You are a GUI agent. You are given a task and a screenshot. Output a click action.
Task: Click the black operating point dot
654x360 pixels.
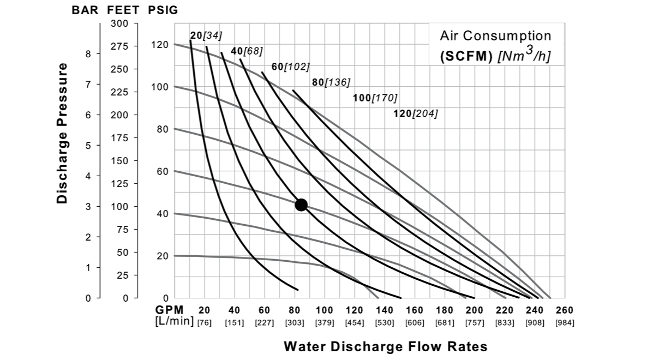[301, 205]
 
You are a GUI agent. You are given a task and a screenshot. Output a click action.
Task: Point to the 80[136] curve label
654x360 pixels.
[331, 82]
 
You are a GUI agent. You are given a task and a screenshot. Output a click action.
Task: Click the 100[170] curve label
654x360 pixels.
[375, 98]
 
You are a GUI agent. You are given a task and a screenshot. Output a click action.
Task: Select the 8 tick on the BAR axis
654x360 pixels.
[88, 54]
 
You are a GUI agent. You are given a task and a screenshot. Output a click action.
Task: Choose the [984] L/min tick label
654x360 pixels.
[565, 322]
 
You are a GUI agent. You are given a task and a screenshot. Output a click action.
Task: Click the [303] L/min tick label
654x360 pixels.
[295, 322]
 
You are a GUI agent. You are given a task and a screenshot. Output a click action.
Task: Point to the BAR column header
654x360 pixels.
[84, 10]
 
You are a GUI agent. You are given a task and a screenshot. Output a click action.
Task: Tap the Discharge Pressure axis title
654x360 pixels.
[63, 133]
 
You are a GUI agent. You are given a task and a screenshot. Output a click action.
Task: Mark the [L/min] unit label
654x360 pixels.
[175, 321]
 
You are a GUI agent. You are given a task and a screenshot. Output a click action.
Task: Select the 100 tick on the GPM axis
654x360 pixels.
[325, 310]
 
